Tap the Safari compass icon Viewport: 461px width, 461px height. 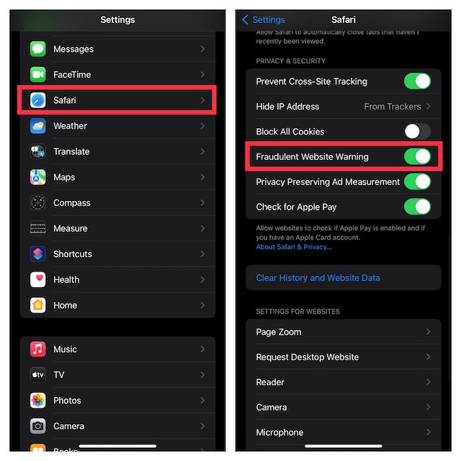(38, 100)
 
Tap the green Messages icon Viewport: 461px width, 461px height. (38, 49)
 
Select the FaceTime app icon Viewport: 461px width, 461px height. (38, 74)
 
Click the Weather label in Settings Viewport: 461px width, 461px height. (70, 126)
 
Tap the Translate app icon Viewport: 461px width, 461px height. (38, 151)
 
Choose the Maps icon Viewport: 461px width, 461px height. (38, 177)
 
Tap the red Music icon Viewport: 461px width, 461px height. (38, 349)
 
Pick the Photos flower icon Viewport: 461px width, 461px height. (38, 400)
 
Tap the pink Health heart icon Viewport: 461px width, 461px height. (38, 279)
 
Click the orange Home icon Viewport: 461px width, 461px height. (38, 305)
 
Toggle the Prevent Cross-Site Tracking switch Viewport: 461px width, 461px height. (417, 81)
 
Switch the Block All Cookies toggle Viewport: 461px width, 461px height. (417, 131)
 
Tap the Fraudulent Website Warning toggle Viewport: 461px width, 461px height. (417, 156)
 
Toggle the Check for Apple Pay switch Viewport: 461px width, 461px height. (417, 207)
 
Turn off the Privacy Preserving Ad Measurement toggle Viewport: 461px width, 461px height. (417, 182)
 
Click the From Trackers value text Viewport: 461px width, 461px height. (392, 107)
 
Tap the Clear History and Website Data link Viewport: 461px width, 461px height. (318, 278)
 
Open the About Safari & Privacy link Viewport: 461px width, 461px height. (294, 247)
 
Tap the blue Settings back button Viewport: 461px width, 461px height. (264, 19)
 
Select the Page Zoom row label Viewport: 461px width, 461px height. (279, 332)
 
